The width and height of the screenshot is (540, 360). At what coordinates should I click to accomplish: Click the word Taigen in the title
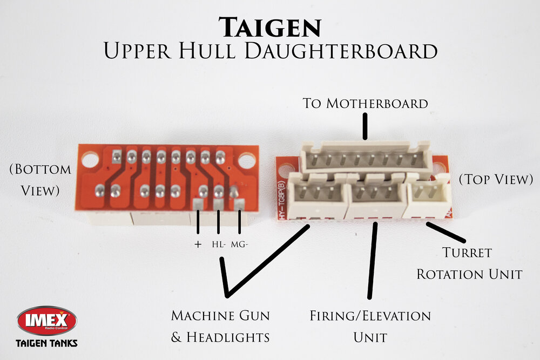tap(270, 26)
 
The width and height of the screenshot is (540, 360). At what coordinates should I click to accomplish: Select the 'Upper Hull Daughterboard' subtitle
tap(270, 51)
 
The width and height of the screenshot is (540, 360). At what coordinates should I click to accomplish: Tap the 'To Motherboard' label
tap(366, 103)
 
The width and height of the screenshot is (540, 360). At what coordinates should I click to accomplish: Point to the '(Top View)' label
tap(495, 180)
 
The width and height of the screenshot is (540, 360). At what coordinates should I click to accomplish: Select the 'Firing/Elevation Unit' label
tap(370, 327)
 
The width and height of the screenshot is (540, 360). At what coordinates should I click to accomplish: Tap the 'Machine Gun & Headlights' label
tap(220, 326)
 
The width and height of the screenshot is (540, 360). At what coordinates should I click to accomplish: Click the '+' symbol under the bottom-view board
tap(198, 244)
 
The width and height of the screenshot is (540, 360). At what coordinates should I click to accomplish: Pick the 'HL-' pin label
tap(218, 244)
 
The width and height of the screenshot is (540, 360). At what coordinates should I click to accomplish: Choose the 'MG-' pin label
tap(239, 244)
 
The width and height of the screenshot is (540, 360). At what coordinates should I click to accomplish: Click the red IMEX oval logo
tap(47, 321)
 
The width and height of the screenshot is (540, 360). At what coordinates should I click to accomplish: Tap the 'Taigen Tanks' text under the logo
tap(46, 343)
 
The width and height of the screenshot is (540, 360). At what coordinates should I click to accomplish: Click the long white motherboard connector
tap(366, 157)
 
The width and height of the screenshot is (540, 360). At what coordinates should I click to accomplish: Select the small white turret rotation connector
tap(429, 196)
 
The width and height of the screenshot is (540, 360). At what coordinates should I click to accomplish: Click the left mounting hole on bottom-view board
tap(90, 159)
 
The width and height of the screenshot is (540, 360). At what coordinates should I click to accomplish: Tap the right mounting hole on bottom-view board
tap(247, 160)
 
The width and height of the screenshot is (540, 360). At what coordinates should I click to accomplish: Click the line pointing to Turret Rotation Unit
tap(446, 232)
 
